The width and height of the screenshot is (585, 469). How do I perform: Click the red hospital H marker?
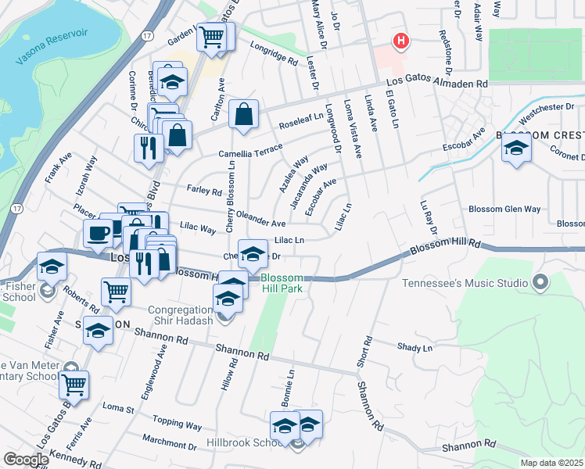click(402, 41)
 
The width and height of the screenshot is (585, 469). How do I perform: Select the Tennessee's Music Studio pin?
click(539, 281)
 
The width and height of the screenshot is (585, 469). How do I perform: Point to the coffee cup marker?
click(99, 234)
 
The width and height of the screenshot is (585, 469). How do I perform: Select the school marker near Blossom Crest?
click(516, 149)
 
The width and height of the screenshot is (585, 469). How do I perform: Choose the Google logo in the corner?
click(26, 460)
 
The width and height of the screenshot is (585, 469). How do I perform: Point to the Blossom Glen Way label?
click(504, 209)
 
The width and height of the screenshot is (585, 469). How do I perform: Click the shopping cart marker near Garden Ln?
click(211, 36)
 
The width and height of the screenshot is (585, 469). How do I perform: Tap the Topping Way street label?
click(178, 425)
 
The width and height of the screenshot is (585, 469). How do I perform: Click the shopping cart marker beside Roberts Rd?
click(116, 292)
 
